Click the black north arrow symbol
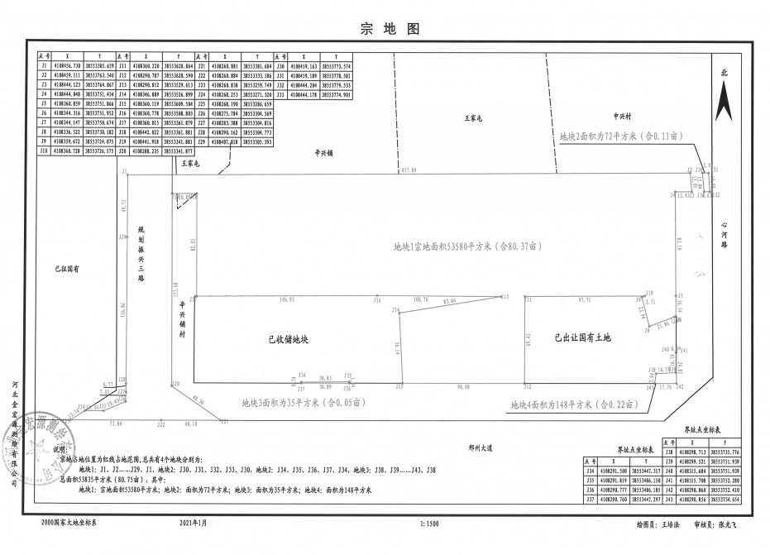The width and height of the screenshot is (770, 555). pos(725,103)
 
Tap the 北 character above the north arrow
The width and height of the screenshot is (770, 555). pos(725,73)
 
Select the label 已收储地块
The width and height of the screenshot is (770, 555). pos(288,339)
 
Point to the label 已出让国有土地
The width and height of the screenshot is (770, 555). pos(582,337)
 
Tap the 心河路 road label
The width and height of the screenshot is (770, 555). pos(724,235)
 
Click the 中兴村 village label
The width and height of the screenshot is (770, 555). pos(622,117)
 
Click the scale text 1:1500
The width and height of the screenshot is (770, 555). pos(428,524)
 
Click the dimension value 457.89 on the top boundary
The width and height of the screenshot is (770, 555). pos(409,170)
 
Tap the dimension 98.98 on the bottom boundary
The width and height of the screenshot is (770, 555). pos(462,386)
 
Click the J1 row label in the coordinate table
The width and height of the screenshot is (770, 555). pos(43,65)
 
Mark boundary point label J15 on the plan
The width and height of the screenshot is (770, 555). pos(505,295)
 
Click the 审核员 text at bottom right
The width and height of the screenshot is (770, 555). pos(705,524)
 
